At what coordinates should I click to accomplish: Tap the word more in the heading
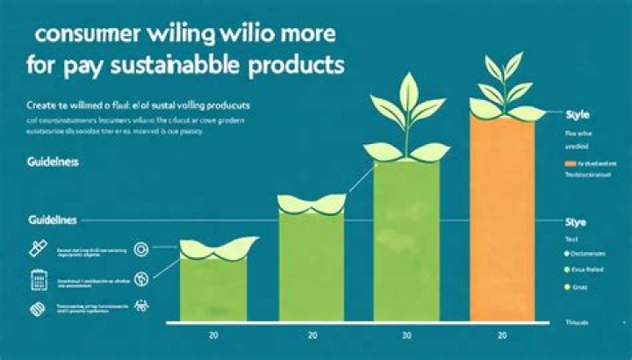tap(305, 40)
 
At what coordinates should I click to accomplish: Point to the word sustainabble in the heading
tap(186, 67)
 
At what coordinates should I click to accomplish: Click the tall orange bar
tap(502, 220)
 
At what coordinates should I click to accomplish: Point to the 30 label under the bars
tap(406, 335)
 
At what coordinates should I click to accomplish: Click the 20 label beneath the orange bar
tap(502, 335)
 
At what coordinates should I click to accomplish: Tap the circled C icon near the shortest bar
tap(141, 250)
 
